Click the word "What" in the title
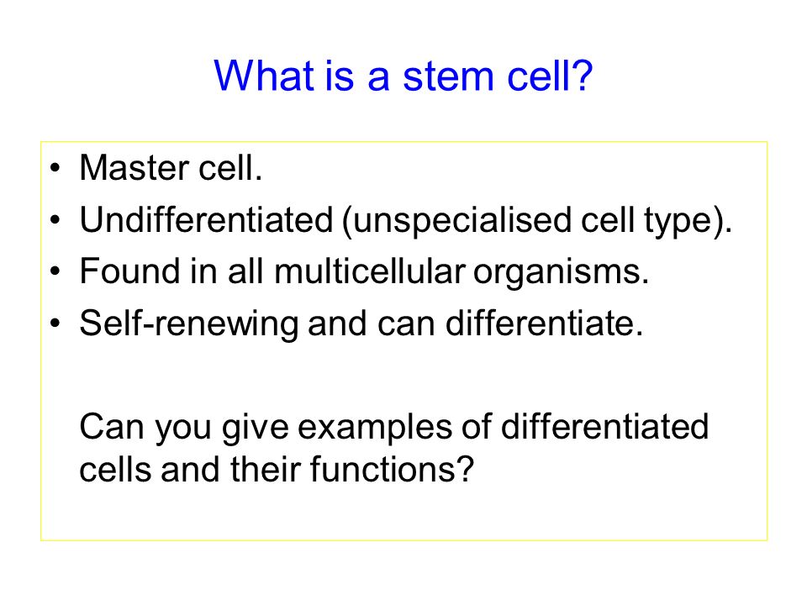(263, 76)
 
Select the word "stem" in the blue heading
(448, 77)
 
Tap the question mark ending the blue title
(582, 75)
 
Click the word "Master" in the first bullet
(134, 168)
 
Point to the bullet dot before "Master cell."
(55, 168)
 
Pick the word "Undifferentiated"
(207, 219)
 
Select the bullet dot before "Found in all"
(55, 271)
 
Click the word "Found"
(129, 271)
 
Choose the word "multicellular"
(370, 271)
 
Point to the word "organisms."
(561, 273)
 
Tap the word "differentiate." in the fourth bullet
(545, 323)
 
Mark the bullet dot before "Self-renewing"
(55, 323)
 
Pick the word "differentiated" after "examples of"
(604, 426)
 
